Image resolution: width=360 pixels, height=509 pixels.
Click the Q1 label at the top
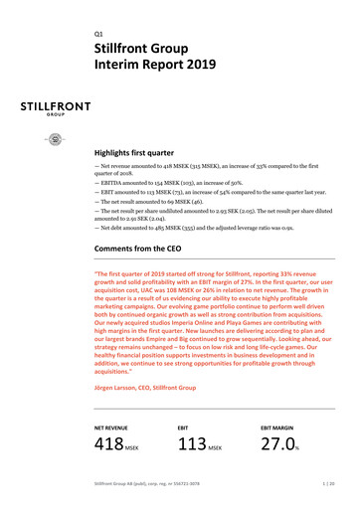click(98, 29)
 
